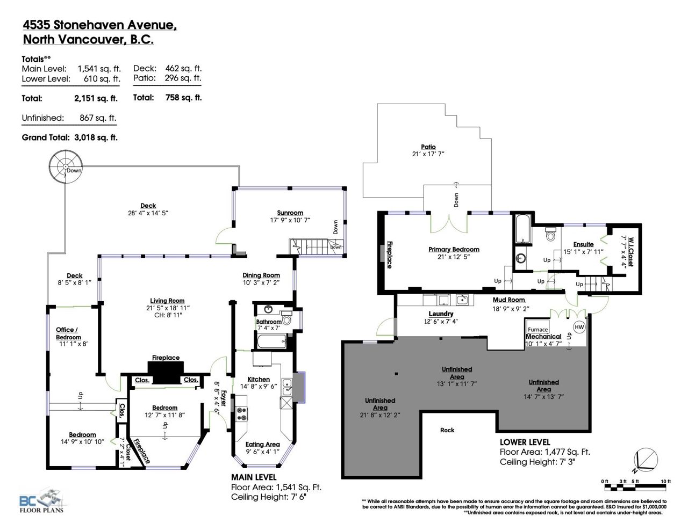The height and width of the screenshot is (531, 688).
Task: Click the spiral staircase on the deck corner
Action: pos(66,166)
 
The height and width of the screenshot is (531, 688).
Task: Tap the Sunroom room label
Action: pos(290,213)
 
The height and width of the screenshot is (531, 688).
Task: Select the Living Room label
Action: pos(167,301)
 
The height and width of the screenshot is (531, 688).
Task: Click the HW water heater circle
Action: pos(579,327)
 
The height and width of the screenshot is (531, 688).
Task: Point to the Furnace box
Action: pos(537,327)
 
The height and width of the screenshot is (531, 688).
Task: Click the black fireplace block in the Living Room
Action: pos(166,372)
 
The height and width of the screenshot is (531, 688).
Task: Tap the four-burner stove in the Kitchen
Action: pos(241,414)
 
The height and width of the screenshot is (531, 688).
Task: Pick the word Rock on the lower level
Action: pos(447,430)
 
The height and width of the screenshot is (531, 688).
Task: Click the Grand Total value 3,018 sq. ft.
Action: pos(96,137)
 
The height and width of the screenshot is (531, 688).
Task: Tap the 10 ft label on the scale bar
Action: pos(665,482)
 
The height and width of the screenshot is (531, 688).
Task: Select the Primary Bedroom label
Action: pos(454,249)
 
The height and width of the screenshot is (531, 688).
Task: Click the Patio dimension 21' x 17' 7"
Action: pos(428,154)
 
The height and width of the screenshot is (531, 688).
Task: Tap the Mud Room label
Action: pos(508,300)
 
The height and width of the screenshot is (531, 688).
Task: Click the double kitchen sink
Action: pos(287,387)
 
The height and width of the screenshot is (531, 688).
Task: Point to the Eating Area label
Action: pos(262,444)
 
